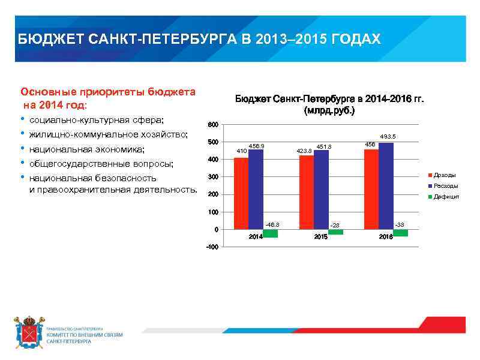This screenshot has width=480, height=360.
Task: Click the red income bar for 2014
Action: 241,193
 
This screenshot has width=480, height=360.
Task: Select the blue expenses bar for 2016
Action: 386,185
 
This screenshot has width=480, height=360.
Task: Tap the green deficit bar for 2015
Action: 335,232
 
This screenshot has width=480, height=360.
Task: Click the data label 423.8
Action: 304,151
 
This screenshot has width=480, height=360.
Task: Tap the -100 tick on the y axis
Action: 211,247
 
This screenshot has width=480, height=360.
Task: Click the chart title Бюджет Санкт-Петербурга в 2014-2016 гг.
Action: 329,99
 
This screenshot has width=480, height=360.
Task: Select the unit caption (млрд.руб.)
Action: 329,111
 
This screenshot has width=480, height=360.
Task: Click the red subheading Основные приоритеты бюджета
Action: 108,92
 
